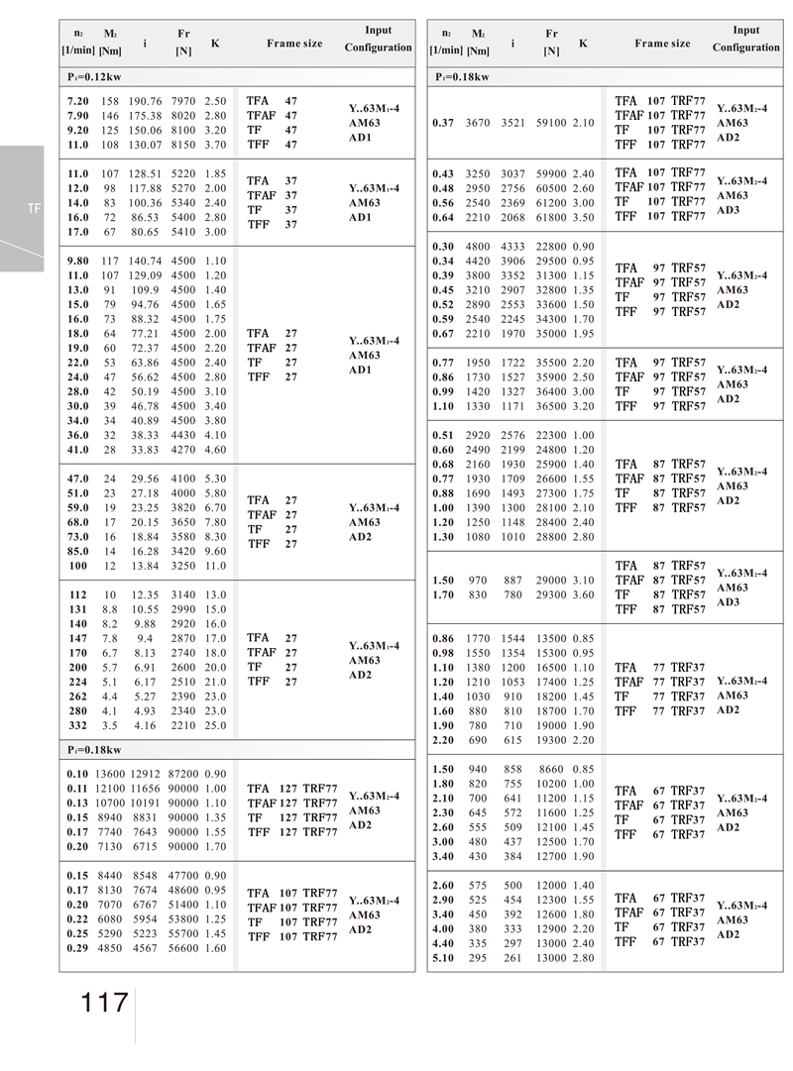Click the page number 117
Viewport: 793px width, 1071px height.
[106, 1003]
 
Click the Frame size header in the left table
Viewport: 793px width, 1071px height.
[294, 44]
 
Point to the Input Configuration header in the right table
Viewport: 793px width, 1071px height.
[745, 40]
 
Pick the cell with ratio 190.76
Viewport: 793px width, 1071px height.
[145, 101]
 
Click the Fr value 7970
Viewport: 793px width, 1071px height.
[185, 101]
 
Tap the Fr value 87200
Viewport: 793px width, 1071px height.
[185, 774]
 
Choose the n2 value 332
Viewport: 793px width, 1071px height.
[78, 726]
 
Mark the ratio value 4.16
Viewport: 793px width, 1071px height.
[145, 726]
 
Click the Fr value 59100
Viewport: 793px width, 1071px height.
[551, 123]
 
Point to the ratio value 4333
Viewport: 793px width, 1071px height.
[513, 247]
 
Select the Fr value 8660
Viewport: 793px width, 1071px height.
[551, 769]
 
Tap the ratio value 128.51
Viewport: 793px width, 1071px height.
[145, 173]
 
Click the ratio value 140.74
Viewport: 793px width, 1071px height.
[145, 261]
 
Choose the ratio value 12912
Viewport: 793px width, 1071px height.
[147, 774]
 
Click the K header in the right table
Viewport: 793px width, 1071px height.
[583, 44]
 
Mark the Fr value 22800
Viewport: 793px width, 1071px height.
[551, 247]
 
